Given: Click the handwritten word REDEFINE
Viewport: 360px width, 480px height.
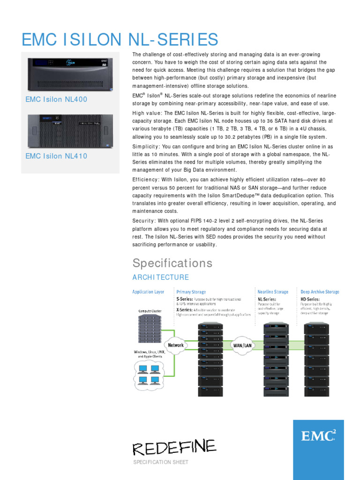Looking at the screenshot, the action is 174,447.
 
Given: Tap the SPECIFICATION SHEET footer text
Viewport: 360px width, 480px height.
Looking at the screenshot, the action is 161,462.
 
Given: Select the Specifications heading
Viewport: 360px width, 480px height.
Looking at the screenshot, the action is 172,263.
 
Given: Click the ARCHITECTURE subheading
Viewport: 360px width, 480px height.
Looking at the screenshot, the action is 161,277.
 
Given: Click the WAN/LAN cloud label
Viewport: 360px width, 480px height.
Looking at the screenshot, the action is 242,345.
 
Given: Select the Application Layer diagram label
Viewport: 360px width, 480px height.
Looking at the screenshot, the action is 148,292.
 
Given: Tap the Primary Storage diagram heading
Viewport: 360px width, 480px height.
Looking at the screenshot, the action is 191,292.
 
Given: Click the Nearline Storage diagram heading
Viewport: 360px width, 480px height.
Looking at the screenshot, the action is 273,292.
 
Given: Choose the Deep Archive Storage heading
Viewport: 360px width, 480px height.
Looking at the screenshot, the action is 320,292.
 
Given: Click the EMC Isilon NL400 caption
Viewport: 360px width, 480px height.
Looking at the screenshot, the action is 56,99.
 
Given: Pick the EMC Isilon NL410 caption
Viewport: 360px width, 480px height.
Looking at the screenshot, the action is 56,156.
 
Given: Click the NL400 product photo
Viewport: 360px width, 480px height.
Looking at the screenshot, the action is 70,75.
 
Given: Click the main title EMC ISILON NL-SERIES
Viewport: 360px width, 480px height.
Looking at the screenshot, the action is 120,39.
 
